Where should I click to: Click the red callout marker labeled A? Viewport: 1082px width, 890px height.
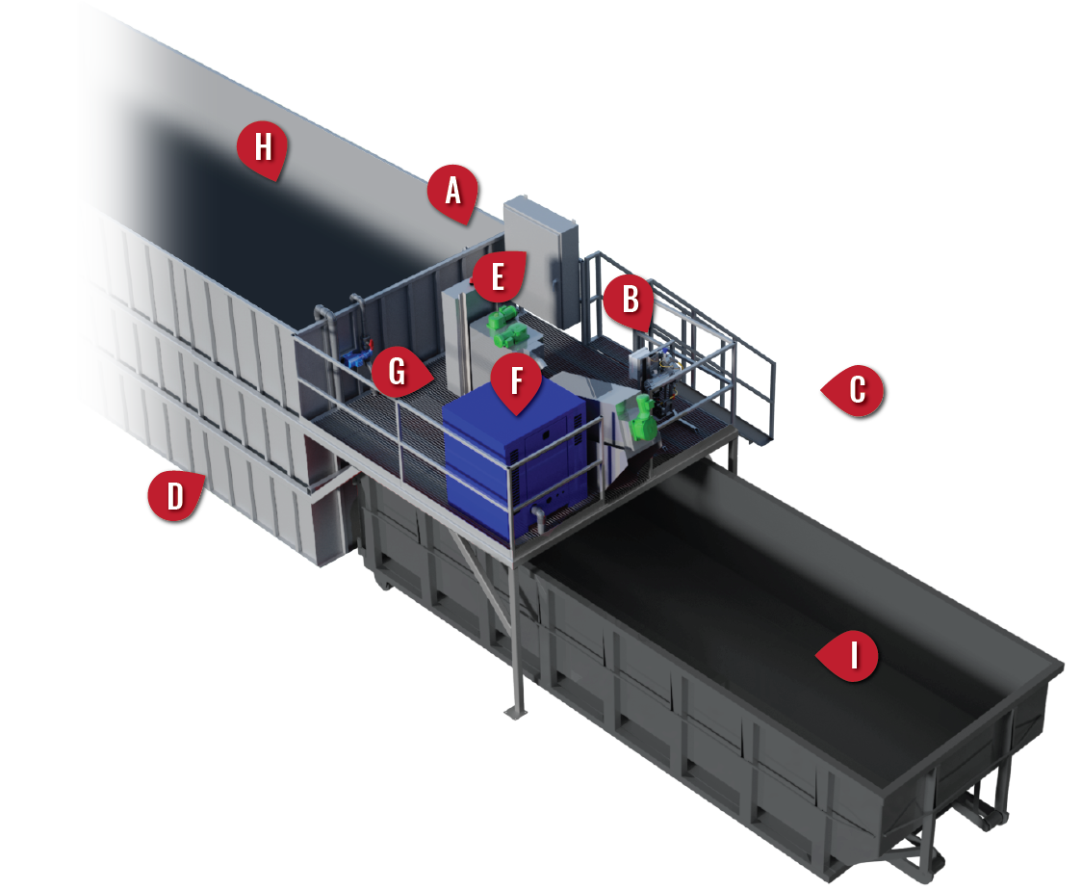click(x=453, y=191)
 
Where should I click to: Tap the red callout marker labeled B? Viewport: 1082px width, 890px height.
click(x=630, y=300)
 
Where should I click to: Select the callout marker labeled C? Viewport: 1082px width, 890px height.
click(x=855, y=391)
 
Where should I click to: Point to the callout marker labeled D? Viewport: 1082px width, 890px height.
click(x=174, y=497)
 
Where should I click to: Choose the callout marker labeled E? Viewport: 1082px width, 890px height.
click(x=498, y=277)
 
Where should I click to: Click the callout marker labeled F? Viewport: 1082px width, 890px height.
click(x=517, y=381)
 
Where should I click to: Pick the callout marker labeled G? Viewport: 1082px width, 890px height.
click(x=397, y=371)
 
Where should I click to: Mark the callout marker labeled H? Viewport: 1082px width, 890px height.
click(x=262, y=148)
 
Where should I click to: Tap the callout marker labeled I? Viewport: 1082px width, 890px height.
click(x=852, y=656)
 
